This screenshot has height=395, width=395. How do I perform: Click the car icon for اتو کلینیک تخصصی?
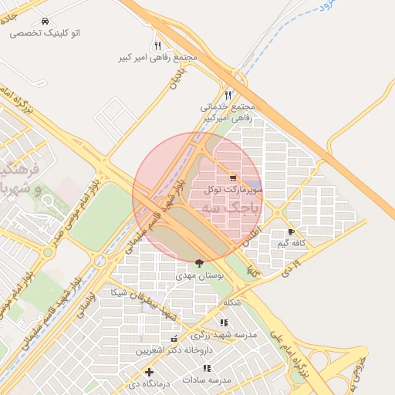pyautogui.click(x=46, y=22)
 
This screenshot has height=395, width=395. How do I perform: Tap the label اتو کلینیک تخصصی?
pyautogui.click(x=46, y=33)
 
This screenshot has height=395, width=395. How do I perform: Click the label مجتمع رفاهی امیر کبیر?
pyautogui.click(x=158, y=58)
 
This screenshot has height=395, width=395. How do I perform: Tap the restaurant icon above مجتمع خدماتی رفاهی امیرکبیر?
pyautogui.click(x=227, y=95)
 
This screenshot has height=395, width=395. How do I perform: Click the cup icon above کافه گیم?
pyautogui.click(x=291, y=231)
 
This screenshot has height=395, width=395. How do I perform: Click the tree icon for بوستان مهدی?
pyautogui.click(x=201, y=263)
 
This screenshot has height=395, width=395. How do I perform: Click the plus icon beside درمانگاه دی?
pyautogui.click(x=149, y=373)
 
